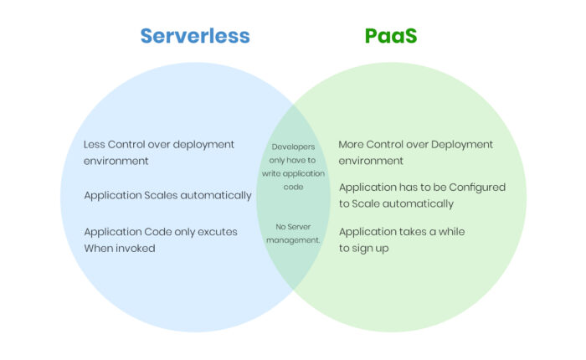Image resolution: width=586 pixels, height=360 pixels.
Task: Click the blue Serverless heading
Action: point(195,36)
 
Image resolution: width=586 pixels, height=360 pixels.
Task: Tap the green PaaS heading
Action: point(391,36)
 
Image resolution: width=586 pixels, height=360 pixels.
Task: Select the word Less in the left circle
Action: point(94,144)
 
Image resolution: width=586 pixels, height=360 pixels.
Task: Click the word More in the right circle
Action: point(351,144)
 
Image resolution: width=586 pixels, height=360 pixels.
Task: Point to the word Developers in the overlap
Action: point(293,147)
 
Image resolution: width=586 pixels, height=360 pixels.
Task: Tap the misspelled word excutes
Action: point(218,232)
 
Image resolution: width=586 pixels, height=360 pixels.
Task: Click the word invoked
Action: point(136,248)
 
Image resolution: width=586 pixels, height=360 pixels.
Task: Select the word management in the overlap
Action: point(293,240)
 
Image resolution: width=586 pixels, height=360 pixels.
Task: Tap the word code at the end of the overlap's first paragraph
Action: point(293,187)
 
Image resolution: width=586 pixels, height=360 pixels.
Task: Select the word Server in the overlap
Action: point(299,227)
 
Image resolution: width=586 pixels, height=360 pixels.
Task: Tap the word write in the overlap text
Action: point(271,173)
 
